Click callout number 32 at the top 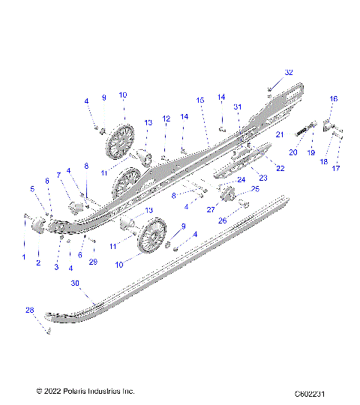tap(289, 73)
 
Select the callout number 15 tap(200, 100)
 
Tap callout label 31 tap(238, 106)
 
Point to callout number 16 tap(334, 98)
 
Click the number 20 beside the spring tap(293, 152)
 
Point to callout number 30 tap(75, 283)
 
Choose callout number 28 tap(30, 310)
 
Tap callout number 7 tap(58, 175)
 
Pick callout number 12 tap(166, 118)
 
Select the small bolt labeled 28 tap(47, 331)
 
